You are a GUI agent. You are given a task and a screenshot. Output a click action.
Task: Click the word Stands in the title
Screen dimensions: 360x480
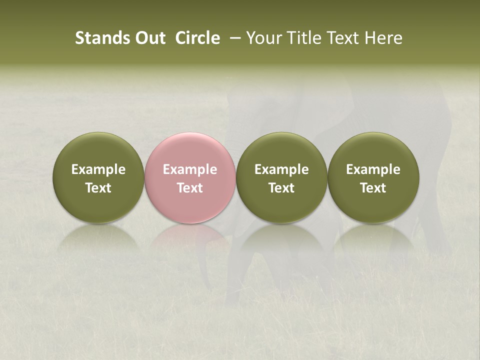99,38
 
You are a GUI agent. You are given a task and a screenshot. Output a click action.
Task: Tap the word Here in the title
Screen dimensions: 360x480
384,38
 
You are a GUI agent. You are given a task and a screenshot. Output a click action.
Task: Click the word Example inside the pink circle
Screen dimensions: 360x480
190,169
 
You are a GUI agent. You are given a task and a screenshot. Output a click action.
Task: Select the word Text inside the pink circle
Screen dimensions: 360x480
190,188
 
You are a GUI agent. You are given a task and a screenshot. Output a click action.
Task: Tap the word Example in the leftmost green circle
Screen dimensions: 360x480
98,169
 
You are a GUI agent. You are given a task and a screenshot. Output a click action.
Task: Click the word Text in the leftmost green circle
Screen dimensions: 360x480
98,188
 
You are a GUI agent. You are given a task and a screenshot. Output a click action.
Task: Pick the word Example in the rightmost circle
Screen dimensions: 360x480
373,169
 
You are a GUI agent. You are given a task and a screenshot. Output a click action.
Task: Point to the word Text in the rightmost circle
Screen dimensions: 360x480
373,188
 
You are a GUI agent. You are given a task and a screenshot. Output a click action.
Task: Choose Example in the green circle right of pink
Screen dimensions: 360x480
281,169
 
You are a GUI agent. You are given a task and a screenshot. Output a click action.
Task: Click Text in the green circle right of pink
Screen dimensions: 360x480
281,188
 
